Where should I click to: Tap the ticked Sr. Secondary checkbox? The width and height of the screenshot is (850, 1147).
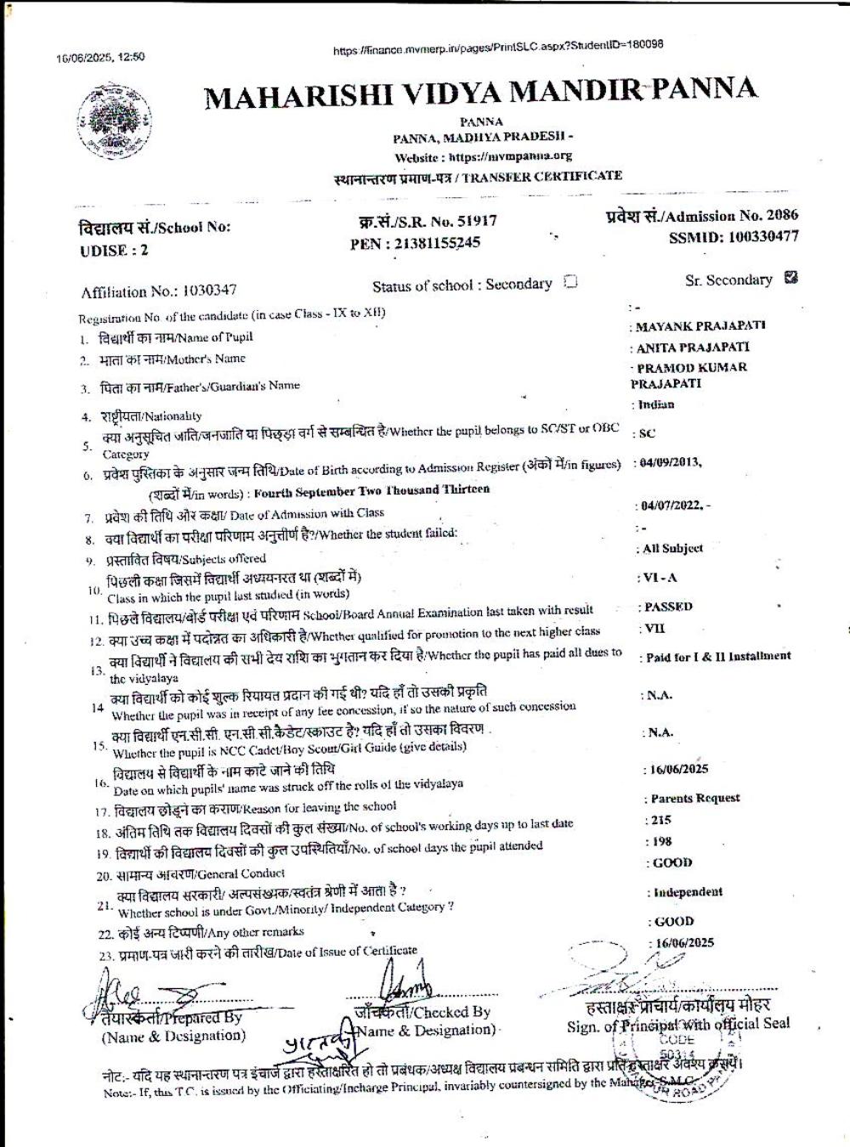click(x=791, y=277)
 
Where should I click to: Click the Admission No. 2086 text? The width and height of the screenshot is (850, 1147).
click(x=702, y=216)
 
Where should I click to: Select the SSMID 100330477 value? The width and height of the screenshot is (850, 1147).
click(x=734, y=237)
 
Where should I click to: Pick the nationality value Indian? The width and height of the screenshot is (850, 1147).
click(x=654, y=405)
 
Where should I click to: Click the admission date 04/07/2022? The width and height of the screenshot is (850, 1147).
click(x=671, y=506)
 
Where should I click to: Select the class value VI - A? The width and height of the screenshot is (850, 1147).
click(x=660, y=578)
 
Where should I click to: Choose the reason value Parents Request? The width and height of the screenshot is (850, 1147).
click(x=694, y=799)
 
